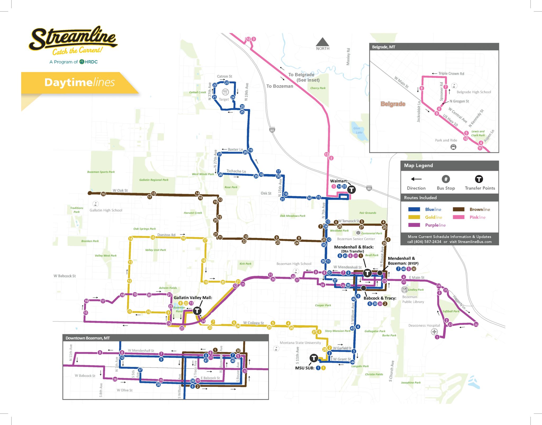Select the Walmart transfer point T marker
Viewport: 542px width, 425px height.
point(351,189)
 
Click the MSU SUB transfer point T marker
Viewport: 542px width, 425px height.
point(314,358)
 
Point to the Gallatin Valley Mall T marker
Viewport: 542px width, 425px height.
point(197,311)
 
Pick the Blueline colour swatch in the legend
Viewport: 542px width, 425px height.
point(414,209)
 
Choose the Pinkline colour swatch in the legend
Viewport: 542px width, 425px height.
point(459,217)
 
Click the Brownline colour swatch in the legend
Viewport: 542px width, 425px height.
point(459,209)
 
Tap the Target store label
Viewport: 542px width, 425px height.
point(224,99)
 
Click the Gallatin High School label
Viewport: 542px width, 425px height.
point(106,210)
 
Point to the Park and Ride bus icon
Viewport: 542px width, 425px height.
point(453,147)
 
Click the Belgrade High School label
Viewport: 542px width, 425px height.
point(474,92)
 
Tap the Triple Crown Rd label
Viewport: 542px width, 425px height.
point(451,74)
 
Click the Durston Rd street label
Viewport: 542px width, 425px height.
point(166,235)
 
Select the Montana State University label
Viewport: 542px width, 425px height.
point(300,343)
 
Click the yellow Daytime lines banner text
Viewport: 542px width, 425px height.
point(79,82)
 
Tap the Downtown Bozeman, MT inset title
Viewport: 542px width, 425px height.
point(88,338)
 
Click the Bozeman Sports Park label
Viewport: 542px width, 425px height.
point(101,172)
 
